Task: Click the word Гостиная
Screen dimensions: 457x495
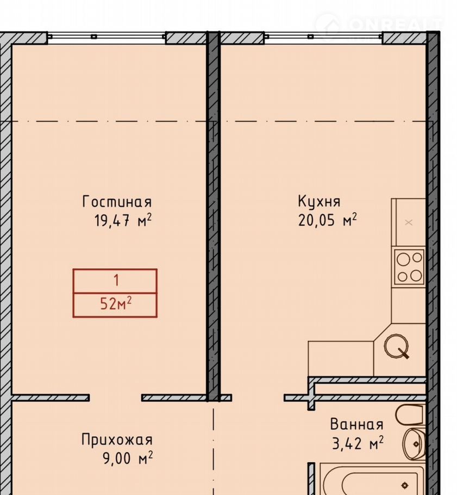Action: pyautogui.click(x=117, y=202)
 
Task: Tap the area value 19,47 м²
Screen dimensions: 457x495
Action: pyautogui.click(x=123, y=220)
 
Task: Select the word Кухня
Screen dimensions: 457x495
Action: pyautogui.click(x=319, y=201)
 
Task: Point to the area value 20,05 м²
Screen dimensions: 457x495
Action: pyautogui.click(x=327, y=220)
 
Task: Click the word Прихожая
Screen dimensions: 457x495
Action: pyautogui.click(x=117, y=440)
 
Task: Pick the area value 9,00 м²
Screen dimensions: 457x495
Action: pyautogui.click(x=128, y=458)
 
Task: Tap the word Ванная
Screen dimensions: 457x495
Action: pyautogui.click(x=356, y=424)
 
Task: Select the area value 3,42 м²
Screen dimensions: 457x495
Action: pyautogui.click(x=358, y=443)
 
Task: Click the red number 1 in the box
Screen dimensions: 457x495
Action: pyautogui.click(x=116, y=280)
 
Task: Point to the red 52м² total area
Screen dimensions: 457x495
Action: pyautogui.click(x=116, y=304)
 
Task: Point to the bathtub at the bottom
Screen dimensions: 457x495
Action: pyautogui.click(x=373, y=479)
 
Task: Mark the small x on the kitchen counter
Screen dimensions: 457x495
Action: pyautogui.click(x=409, y=222)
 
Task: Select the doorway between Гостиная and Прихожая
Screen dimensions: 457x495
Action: pyautogui.click(x=115, y=398)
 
